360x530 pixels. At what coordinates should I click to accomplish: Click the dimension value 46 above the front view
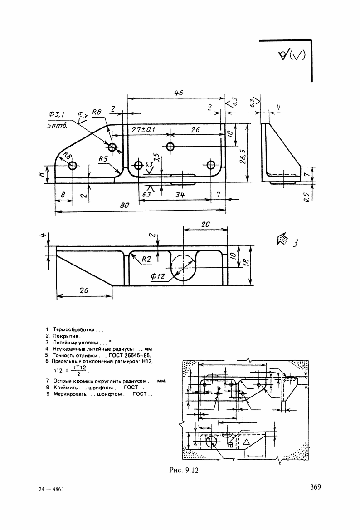pos(178,93)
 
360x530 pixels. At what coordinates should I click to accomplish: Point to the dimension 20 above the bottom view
pos(205,225)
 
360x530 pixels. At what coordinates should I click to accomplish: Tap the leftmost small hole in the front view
pos(73,166)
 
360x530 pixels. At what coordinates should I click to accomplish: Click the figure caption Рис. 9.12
pos(184,471)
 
